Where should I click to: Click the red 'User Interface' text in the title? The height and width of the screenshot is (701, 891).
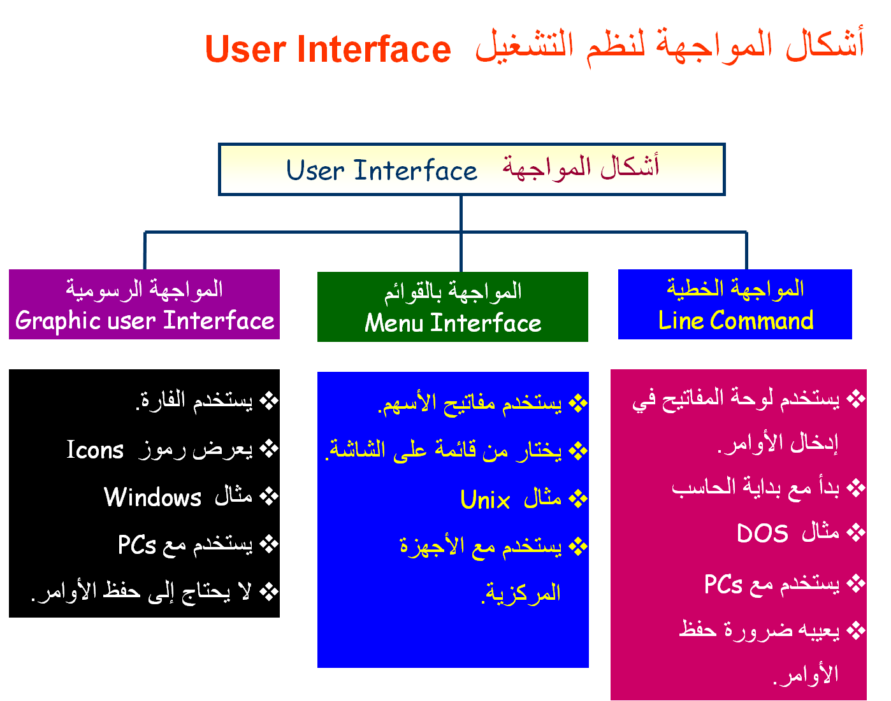(x=328, y=49)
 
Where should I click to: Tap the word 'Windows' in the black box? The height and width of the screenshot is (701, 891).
(x=152, y=497)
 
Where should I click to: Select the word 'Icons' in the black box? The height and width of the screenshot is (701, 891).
(x=95, y=449)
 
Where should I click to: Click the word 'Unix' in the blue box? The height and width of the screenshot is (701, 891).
(x=485, y=499)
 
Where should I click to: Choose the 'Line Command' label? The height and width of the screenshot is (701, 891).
(x=735, y=320)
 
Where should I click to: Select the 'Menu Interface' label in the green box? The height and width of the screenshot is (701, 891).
(x=453, y=323)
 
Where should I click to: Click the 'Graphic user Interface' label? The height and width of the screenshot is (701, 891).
(x=145, y=320)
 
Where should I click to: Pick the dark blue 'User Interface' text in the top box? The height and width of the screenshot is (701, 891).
(x=382, y=170)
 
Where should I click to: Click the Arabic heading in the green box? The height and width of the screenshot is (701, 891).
(x=453, y=292)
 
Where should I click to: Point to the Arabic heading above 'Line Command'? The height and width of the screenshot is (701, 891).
(x=735, y=288)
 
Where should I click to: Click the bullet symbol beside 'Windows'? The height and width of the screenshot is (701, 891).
(x=269, y=496)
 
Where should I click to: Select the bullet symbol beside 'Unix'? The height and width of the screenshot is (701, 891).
(x=578, y=499)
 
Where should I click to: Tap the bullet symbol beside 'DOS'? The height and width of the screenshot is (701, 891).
(x=856, y=532)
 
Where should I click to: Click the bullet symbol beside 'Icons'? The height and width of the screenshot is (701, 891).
(x=269, y=449)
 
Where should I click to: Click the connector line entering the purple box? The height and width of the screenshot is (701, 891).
(x=145, y=251)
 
